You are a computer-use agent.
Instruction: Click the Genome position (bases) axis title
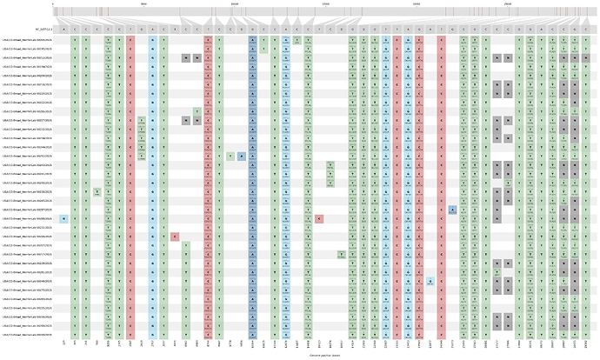[x=323, y=355]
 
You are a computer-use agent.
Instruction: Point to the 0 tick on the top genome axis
[x=52, y=4]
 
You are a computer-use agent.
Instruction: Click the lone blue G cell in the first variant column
[x=63, y=218]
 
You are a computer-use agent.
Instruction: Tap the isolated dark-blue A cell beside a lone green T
[x=241, y=157]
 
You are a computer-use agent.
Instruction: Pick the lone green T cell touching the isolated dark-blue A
[x=230, y=157]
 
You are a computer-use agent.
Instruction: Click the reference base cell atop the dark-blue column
[x=252, y=29]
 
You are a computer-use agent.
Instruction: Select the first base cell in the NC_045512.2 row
[x=63, y=29]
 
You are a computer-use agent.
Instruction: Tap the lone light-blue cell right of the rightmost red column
[x=453, y=210]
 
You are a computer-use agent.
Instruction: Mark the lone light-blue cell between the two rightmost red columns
[x=430, y=281]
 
